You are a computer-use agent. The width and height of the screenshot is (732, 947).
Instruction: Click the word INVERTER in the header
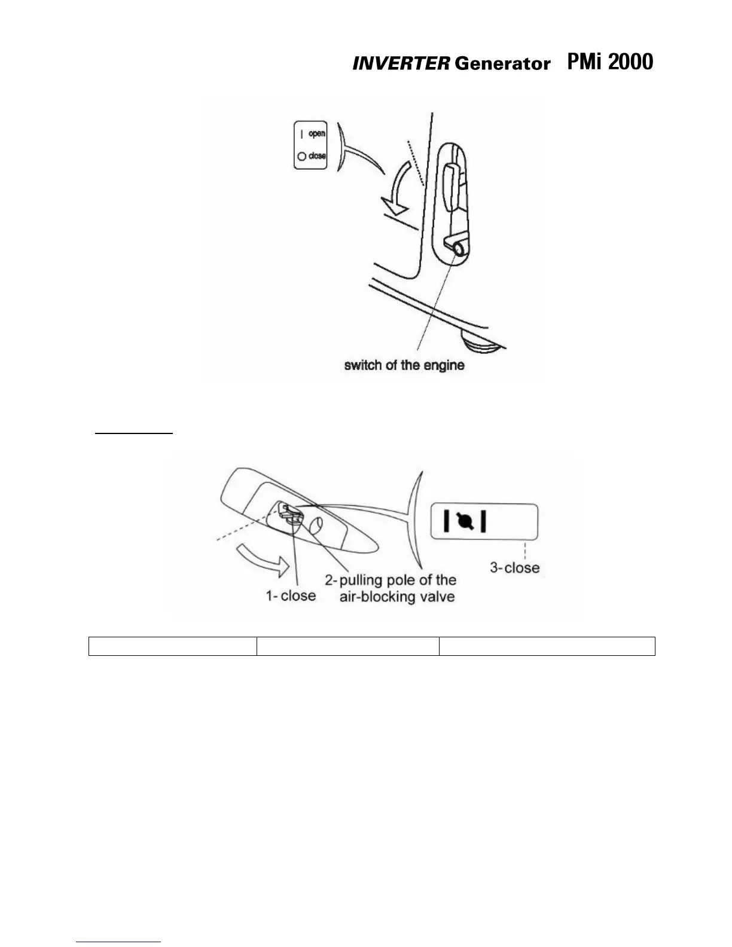pyautogui.click(x=400, y=64)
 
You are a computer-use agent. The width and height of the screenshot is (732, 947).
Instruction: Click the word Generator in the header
pyautogui.click(x=502, y=64)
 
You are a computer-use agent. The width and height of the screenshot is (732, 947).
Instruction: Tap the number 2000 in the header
pyautogui.click(x=630, y=62)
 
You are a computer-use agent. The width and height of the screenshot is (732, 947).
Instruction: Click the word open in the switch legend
pyautogui.click(x=317, y=134)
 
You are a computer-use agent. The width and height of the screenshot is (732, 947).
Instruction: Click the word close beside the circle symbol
pyautogui.click(x=317, y=156)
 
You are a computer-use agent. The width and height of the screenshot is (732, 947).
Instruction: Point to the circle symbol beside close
pyautogui.click(x=302, y=157)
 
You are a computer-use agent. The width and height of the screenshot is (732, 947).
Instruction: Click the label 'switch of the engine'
pyautogui.click(x=404, y=365)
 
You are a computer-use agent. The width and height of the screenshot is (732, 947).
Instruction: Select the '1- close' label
pyautogui.click(x=291, y=595)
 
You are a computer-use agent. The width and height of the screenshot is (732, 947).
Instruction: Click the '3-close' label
pyautogui.click(x=514, y=567)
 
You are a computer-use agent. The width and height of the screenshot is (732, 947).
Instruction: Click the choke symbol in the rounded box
pyautogui.click(x=465, y=522)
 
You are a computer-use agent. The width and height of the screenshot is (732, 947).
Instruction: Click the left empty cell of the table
pyautogui.click(x=172, y=646)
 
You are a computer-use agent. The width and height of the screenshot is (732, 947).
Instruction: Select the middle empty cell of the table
pyautogui.click(x=347, y=646)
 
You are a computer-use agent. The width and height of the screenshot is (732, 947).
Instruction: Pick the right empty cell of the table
pyautogui.click(x=547, y=646)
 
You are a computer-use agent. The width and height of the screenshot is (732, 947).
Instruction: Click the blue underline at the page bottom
pyautogui.click(x=119, y=942)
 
